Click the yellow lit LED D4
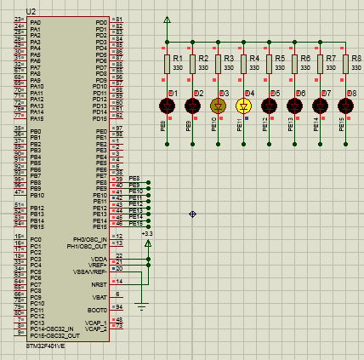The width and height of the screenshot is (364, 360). (x=243, y=106)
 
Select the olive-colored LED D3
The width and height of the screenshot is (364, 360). (x=218, y=106)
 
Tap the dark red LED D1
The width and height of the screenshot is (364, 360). (x=167, y=106)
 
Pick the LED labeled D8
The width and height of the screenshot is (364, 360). (x=346, y=106)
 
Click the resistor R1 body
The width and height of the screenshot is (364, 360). (x=167, y=64)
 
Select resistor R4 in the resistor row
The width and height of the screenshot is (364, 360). (x=243, y=64)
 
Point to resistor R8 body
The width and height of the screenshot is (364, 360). (x=346, y=64)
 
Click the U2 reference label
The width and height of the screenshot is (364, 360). (x=31, y=11)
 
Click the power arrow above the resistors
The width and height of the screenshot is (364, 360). (x=167, y=20)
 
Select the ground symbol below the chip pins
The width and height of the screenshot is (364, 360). (x=142, y=303)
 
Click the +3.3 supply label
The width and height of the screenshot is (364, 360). (x=147, y=233)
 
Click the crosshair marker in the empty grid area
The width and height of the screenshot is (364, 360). (x=193, y=213)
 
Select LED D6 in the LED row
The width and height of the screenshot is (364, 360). (x=295, y=106)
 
